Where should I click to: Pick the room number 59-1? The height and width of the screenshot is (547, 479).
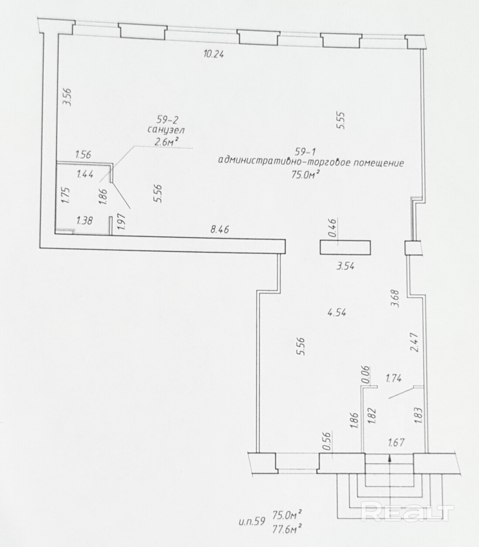[305, 152]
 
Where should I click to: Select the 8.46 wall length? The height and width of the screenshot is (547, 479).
[220, 229]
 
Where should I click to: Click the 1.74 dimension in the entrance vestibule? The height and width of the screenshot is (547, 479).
[394, 378]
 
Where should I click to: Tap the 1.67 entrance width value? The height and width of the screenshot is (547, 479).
[397, 443]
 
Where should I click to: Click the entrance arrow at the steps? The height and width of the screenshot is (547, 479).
[389, 458]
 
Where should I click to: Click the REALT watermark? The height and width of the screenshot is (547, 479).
[408, 511]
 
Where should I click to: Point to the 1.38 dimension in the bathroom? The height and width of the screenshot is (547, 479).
[84, 221]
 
